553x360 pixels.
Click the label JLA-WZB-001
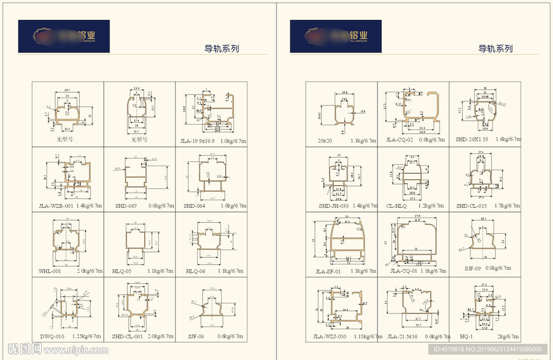[56, 206]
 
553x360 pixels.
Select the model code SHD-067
[126, 206]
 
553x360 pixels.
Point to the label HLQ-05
[122, 271]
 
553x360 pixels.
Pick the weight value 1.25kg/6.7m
[86, 336]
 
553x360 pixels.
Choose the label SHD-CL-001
[127, 336]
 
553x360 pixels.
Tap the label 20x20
[326, 140]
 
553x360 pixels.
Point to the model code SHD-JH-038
[333, 206]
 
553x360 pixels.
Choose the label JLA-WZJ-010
[330, 337]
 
